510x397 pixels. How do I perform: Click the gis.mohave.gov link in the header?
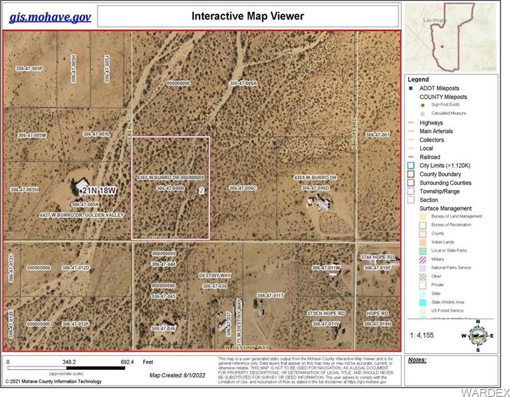50,17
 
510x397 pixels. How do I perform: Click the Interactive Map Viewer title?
247,16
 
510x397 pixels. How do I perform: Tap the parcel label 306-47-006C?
243,188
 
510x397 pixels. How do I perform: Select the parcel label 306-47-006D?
315,188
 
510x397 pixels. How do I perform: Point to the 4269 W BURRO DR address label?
315,177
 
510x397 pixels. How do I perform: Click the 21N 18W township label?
97,191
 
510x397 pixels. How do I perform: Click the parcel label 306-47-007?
377,135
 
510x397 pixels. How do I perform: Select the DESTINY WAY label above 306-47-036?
215,275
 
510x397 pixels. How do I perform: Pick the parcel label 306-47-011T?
270,296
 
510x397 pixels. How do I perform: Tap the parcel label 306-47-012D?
75,268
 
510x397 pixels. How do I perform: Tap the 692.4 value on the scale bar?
127,363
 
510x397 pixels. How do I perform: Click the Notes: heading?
417,359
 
